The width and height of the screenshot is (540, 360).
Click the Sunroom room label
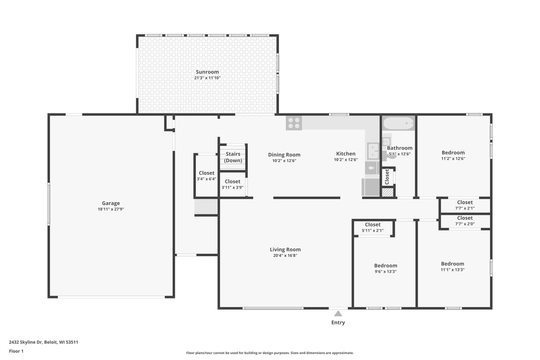click(207, 72)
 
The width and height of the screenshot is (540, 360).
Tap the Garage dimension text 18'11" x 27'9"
click(111, 209)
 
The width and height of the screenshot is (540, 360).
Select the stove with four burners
click(294, 123)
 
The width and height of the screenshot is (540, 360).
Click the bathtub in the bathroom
click(398, 124)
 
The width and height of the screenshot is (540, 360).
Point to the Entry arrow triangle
click(338, 313)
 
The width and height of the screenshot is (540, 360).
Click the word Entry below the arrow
click(338, 322)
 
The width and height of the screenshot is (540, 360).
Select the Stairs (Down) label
click(233, 157)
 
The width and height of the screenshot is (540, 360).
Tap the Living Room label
click(285, 249)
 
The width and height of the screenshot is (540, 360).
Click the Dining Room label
click(284, 154)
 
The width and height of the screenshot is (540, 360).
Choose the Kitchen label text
click(346, 154)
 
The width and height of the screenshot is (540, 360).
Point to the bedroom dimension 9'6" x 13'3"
click(385, 271)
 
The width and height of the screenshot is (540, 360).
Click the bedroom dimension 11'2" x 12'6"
click(453, 159)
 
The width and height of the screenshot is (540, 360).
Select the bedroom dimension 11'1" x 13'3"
click(452, 270)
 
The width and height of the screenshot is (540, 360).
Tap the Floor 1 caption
click(16, 351)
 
